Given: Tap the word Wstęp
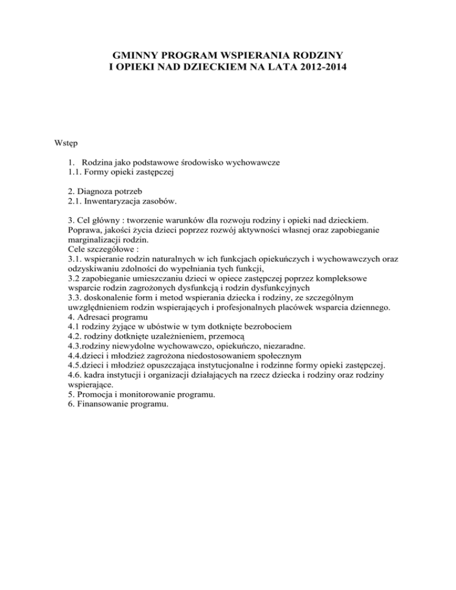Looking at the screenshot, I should pos(63,143).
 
